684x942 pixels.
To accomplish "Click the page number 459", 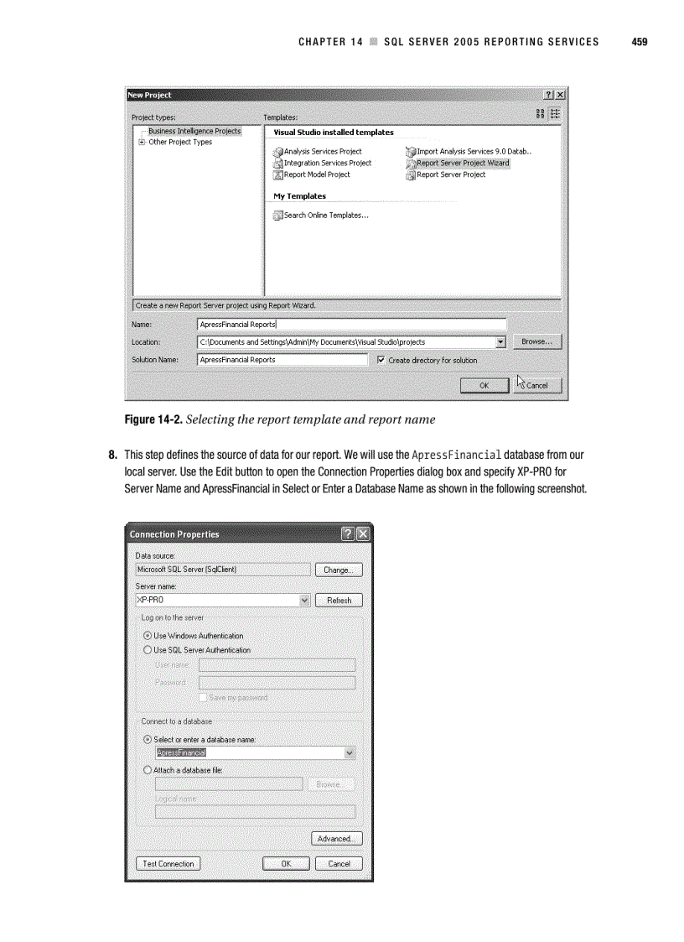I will tap(640, 41).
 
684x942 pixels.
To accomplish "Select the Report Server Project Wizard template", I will tap(462, 164).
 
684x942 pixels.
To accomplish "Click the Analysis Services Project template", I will tap(322, 152).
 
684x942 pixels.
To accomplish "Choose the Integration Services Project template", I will tap(327, 164).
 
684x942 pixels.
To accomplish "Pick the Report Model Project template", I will tap(316, 174).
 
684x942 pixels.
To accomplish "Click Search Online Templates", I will tap(325, 216).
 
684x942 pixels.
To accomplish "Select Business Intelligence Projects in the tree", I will tap(194, 131).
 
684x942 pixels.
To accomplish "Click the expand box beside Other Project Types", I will tap(142, 143).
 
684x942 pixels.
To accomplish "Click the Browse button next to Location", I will tap(536, 342).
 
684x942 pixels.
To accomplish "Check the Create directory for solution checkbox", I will tap(381, 361).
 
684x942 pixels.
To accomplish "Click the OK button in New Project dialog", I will tap(484, 386).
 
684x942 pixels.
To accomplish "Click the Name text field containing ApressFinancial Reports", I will tap(351, 325).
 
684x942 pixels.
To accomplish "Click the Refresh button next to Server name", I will tap(339, 601).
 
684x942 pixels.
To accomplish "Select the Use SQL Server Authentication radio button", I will tap(148, 650).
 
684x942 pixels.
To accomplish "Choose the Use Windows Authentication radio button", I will tap(148, 636).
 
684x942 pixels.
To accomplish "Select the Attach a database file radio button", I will tap(148, 770).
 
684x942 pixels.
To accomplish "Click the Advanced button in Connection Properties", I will tap(337, 839).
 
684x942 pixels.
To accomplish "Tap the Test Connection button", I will tap(168, 864).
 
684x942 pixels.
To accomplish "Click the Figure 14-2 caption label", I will tap(153, 419).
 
